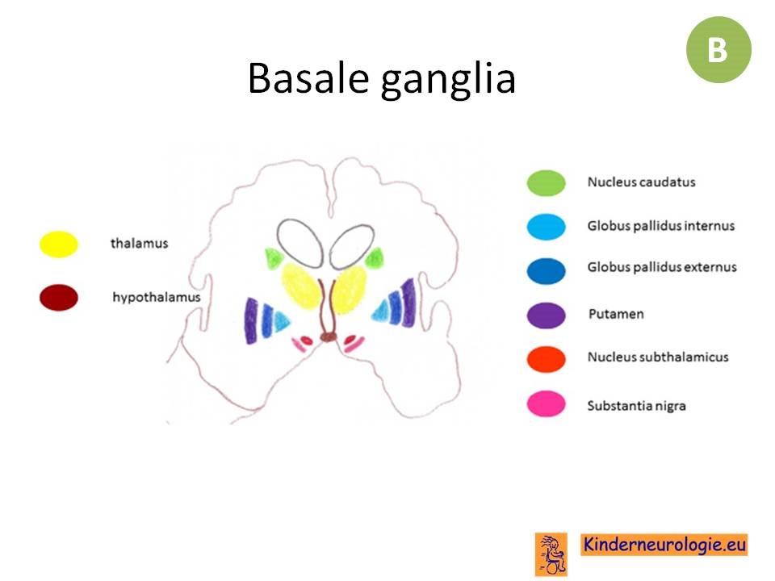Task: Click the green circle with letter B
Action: click(718, 49)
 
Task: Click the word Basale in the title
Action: click(308, 78)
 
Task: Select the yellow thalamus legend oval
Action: click(59, 244)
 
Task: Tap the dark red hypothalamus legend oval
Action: click(59, 298)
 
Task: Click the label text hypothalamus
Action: click(156, 298)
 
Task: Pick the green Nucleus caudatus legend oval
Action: click(547, 183)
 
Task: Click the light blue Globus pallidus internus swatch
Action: click(547, 227)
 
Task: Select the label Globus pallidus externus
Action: click(662, 267)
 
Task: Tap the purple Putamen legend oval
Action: click(547, 316)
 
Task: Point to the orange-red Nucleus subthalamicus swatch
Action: click(547, 358)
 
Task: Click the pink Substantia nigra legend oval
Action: click(547, 403)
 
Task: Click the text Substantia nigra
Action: click(636, 406)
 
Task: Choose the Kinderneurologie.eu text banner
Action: click(664, 545)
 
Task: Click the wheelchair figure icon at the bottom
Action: click(551, 554)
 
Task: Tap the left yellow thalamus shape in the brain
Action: click(301, 286)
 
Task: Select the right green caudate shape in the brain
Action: click(374, 258)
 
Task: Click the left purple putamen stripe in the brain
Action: click(251, 320)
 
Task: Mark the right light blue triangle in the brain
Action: click(381, 311)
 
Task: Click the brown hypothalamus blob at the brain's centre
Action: click(328, 337)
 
